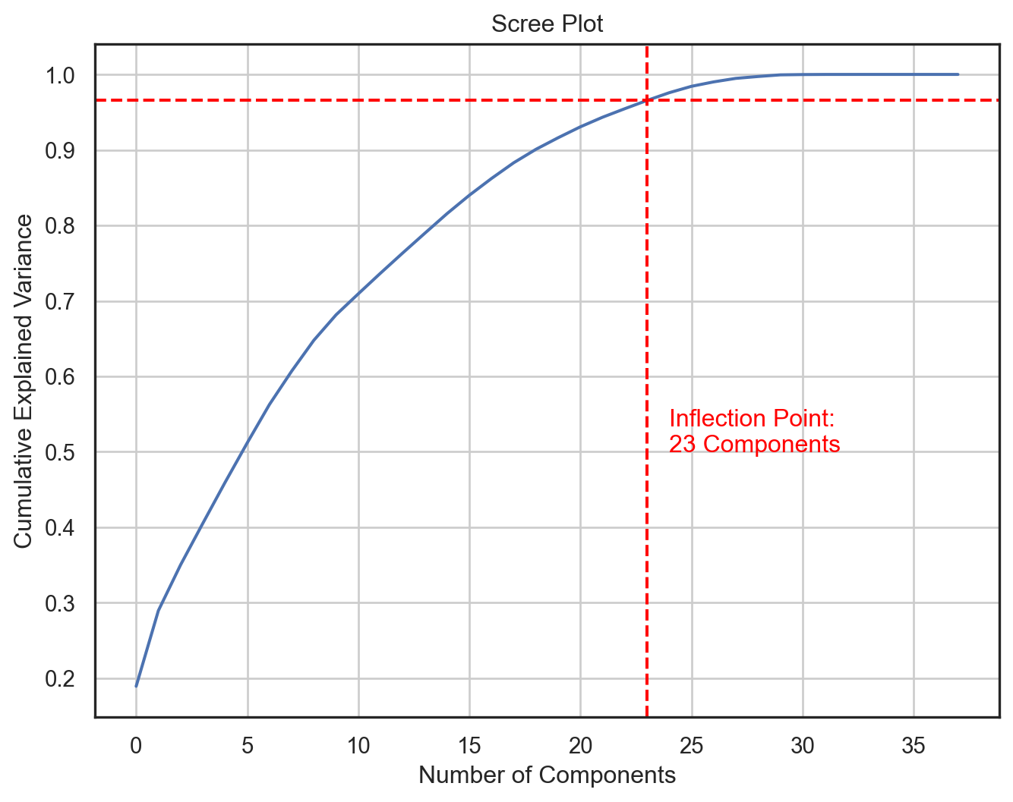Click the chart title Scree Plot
(x=547, y=24)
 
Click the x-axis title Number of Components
(x=547, y=775)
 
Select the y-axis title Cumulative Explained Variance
(x=24, y=381)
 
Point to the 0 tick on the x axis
(x=136, y=747)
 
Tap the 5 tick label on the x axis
(x=248, y=747)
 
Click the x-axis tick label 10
(x=358, y=747)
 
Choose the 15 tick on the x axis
(x=469, y=747)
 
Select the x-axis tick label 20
(x=580, y=747)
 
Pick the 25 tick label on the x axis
(x=691, y=747)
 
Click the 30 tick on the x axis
(x=803, y=747)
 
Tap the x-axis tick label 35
(x=914, y=747)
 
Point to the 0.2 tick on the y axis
(x=60, y=679)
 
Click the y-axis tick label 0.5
(x=60, y=453)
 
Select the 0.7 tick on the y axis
(x=60, y=302)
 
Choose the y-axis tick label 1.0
(x=60, y=76)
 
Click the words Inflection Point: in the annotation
(x=752, y=419)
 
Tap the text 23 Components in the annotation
(x=755, y=445)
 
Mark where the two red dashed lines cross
(x=647, y=100)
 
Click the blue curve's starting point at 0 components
(x=137, y=686)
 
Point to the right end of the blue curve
(x=958, y=74)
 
